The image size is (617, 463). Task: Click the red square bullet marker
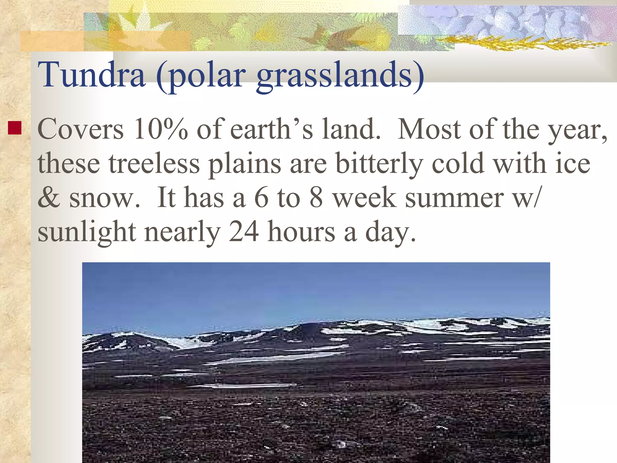(14, 128)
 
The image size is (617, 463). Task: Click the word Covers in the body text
(80, 129)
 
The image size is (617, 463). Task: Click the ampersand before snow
(49, 198)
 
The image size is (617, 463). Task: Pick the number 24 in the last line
(244, 232)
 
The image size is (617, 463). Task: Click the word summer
(454, 198)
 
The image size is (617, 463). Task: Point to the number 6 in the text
(261, 198)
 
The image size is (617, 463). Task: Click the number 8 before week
(316, 198)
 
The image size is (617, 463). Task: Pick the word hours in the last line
(301, 232)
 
